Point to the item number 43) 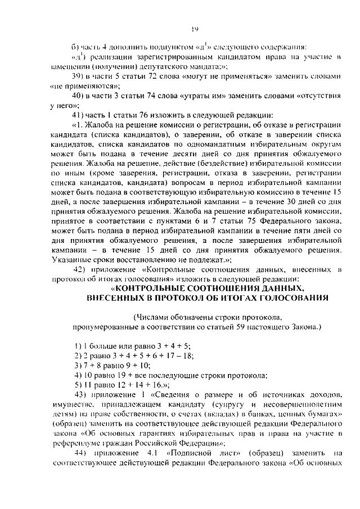tap(79, 394)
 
